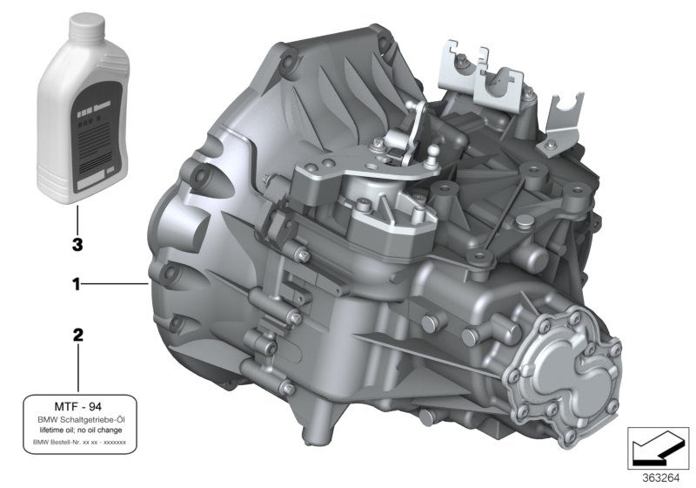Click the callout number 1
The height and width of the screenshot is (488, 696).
point(77,284)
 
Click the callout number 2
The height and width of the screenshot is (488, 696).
point(77,335)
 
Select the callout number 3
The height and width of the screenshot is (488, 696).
point(77,246)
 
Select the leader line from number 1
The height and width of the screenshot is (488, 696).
point(117,284)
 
